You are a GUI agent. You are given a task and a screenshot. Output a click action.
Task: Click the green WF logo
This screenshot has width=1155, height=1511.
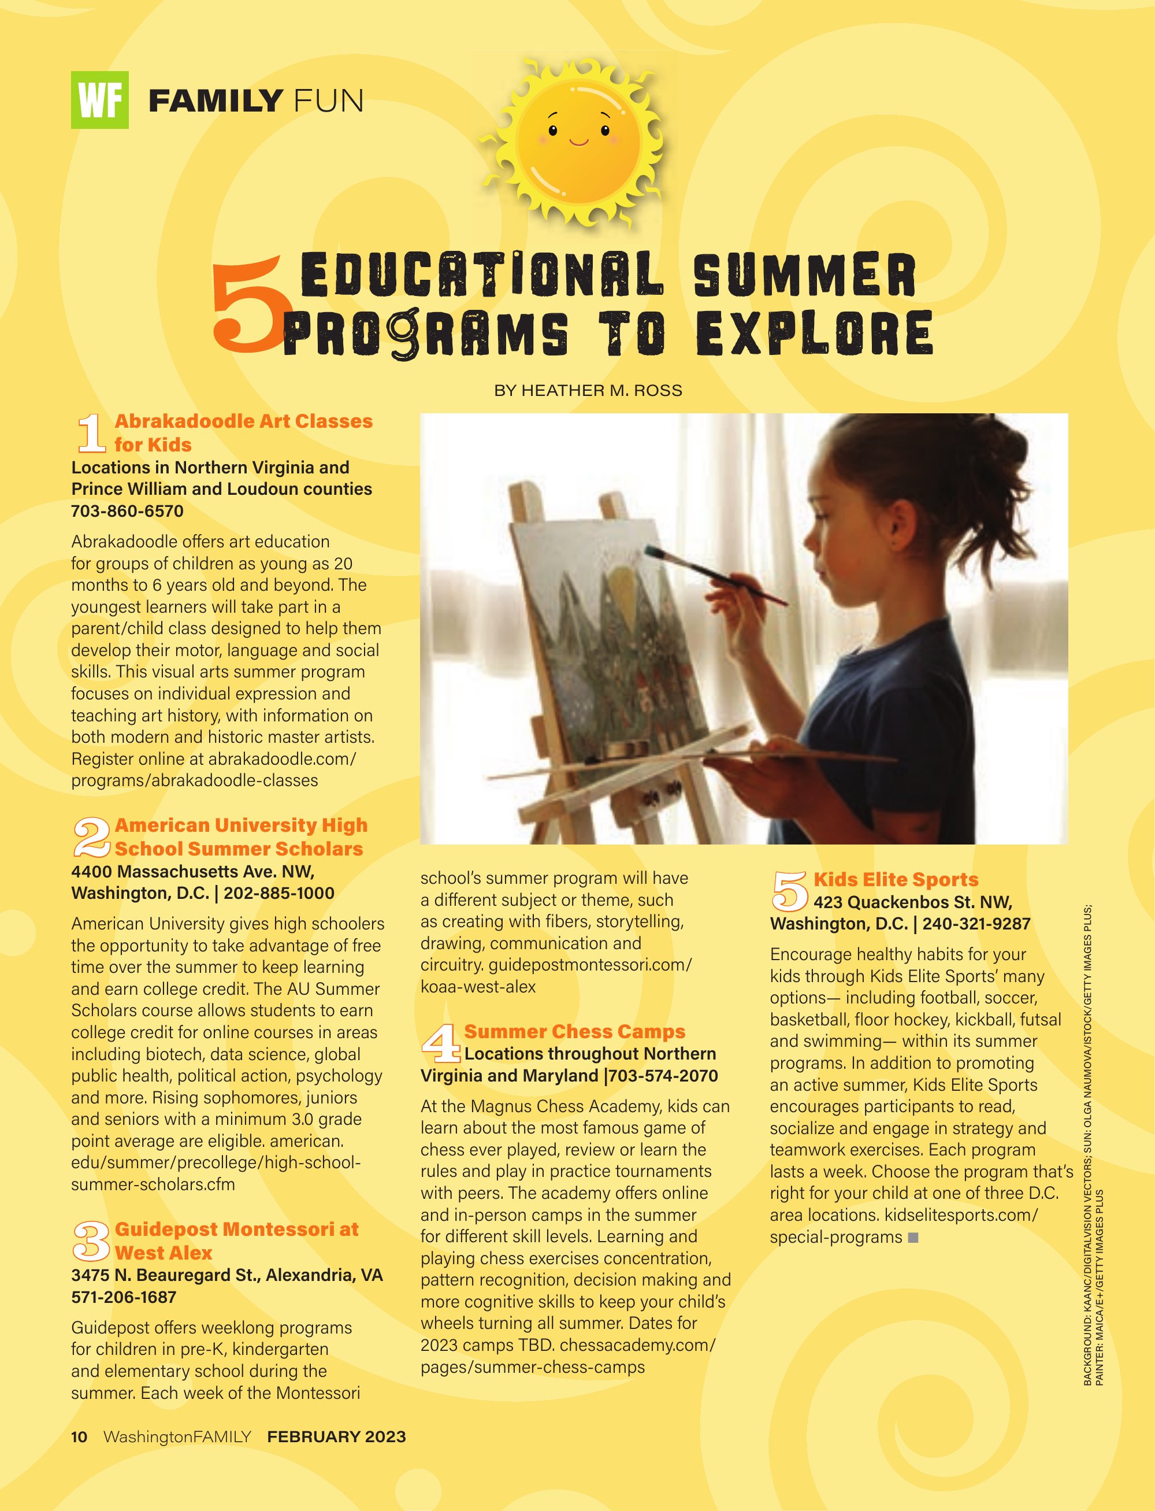point(100,101)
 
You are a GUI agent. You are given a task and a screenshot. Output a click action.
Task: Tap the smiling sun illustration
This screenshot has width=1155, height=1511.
point(578,143)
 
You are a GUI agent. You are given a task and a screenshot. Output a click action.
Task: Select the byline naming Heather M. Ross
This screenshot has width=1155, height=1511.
point(588,391)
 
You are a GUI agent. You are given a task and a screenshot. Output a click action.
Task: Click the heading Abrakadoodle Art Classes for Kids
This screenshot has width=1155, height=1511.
point(243,432)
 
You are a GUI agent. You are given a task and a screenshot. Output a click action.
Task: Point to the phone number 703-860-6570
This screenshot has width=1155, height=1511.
point(127,511)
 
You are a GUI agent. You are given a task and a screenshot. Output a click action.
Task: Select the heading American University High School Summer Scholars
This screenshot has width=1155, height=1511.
point(240,836)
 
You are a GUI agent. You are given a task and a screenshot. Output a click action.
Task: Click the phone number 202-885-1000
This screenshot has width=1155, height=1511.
point(279,894)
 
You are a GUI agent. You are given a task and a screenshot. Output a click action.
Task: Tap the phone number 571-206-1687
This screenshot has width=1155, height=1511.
point(124,1297)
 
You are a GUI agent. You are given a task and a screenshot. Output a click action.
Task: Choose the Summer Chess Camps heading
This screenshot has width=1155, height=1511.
point(575,1032)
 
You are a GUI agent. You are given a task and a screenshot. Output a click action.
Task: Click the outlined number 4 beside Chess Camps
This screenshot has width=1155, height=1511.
point(440,1043)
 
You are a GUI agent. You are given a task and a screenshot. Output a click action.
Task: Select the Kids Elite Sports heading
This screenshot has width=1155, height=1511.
point(896,880)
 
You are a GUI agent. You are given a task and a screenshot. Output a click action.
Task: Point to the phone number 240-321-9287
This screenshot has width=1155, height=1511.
point(976,924)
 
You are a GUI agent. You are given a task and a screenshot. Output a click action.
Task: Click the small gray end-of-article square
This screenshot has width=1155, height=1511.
point(913,1237)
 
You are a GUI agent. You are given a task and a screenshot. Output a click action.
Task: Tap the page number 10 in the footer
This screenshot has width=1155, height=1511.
point(79,1437)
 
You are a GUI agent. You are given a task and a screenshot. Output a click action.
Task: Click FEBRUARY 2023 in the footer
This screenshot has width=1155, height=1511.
point(336,1437)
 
